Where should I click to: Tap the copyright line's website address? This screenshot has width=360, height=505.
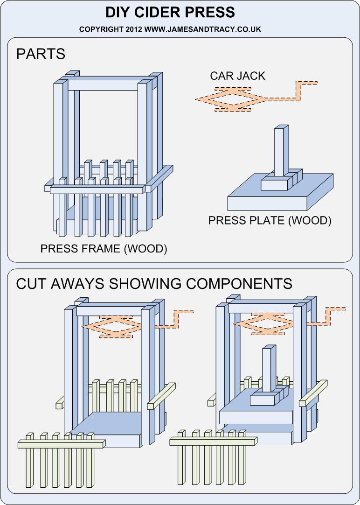(x=202, y=29)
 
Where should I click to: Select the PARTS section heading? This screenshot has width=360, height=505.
(x=41, y=54)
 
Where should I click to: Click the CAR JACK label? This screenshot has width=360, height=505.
(x=237, y=76)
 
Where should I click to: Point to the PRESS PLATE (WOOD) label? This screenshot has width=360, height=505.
(x=270, y=220)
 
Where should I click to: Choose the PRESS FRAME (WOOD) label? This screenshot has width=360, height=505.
(x=104, y=248)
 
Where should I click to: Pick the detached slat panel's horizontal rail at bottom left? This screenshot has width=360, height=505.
(x=61, y=444)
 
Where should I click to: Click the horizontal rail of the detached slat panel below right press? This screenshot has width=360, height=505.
(x=212, y=442)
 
